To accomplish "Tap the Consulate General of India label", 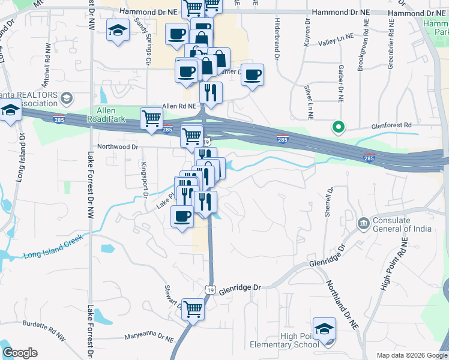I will coord(403,224).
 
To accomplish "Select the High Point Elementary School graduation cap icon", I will coord(324,329).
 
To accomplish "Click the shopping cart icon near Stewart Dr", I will coord(193,310).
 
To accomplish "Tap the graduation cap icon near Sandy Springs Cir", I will coord(118,30).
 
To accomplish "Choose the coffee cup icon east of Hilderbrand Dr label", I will coord(253,74).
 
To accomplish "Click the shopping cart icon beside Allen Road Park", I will coord(151,118).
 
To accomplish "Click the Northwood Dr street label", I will coord(118,146).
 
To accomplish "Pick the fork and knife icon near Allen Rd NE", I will coord(210,92).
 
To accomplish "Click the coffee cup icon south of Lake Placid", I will coord(182,216).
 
